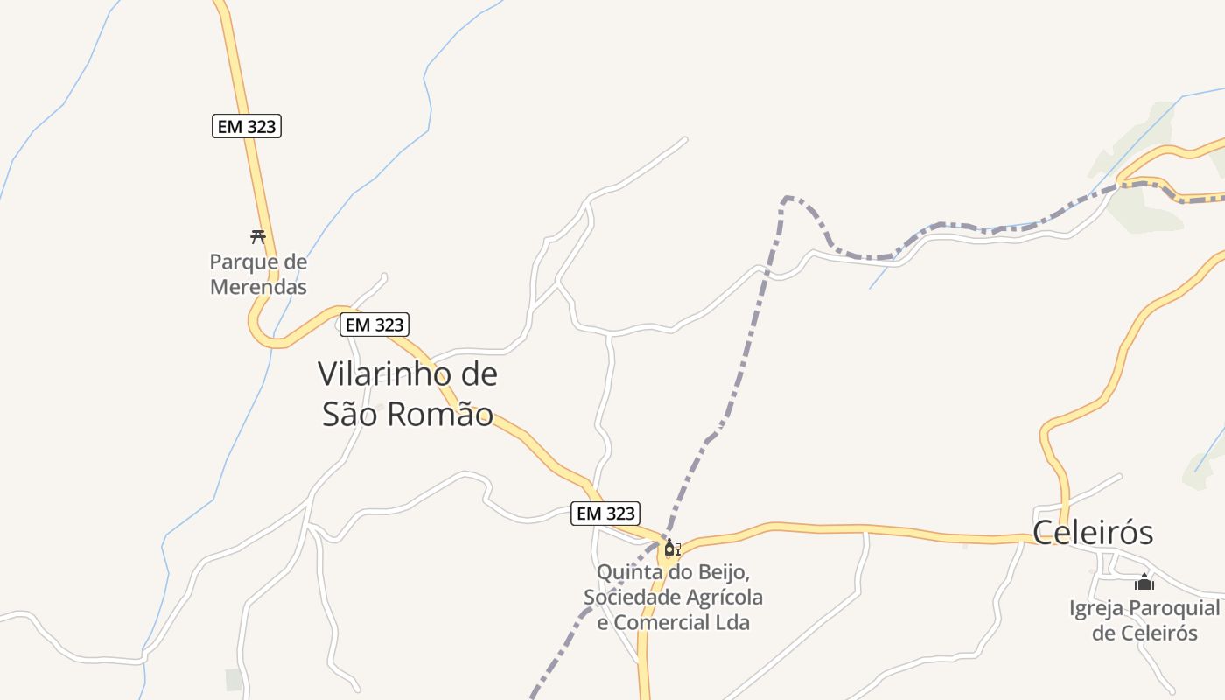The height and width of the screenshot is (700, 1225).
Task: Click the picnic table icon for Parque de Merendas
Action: coord(257,236)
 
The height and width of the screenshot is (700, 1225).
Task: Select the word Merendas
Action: coord(258,286)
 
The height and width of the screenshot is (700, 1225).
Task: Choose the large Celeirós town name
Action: coord(1093,533)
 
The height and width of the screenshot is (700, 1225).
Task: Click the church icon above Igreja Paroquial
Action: coord(1144,582)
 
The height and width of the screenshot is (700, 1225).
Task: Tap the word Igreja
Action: coord(1096,608)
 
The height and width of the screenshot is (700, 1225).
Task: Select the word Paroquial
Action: coord(1173,608)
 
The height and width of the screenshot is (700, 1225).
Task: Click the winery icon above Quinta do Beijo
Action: coord(671,549)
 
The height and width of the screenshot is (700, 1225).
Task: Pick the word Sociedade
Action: coord(629,598)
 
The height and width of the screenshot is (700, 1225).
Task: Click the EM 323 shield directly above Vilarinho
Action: coord(374,325)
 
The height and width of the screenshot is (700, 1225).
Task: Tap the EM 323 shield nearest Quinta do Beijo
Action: coord(605,514)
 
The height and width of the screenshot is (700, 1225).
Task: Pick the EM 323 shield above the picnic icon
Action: coord(247,126)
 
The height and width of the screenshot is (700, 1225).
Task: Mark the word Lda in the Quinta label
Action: coord(733,622)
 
